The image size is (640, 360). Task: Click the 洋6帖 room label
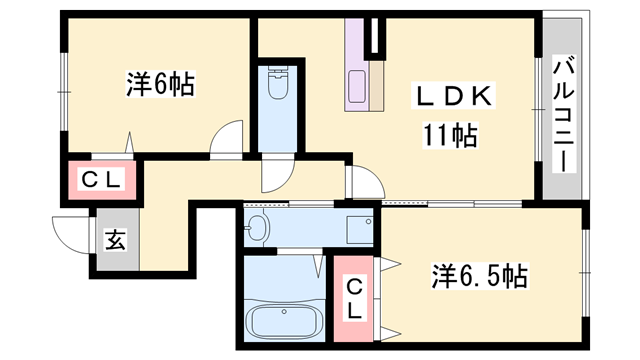pyautogui.click(x=160, y=84)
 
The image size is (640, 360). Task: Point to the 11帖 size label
pyautogui.click(x=449, y=133)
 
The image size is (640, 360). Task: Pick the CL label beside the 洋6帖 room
pyautogui.click(x=101, y=181)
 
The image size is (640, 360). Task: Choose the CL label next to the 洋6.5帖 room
pyautogui.click(x=355, y=299)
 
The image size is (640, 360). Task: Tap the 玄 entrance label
pyautogui.click(x=115, y=241)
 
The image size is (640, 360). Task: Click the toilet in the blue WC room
pyautogui.click(x=278, y=90)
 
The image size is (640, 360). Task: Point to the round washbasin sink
pyautogui.click(x=258, y=227)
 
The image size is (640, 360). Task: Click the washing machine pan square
pyautogui.click(x=357, y=229)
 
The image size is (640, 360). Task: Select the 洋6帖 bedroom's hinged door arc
pyautogui.click(x=228, y=137)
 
